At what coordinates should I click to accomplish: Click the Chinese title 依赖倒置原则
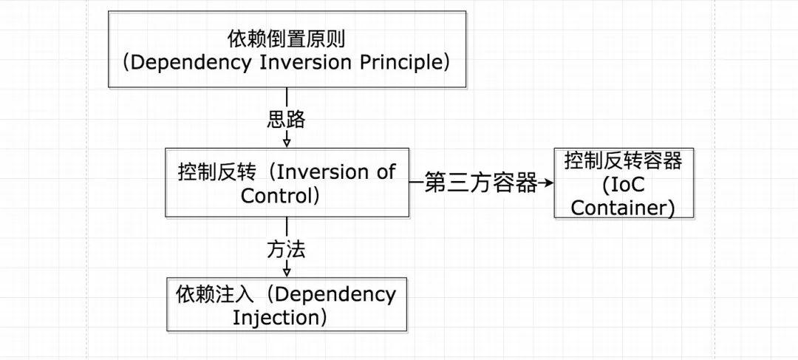[286, 38]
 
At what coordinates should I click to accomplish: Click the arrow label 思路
[286, 119]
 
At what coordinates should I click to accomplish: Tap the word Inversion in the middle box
[326, 172]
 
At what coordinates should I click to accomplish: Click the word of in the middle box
[386, 172]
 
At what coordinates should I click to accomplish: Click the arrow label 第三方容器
[481, 183]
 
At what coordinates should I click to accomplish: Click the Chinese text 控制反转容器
[623, 160]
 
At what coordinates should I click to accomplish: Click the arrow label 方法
[286, 250]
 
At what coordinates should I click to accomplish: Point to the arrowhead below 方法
[287, 272]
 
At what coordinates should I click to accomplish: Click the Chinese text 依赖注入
[215, 294]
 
